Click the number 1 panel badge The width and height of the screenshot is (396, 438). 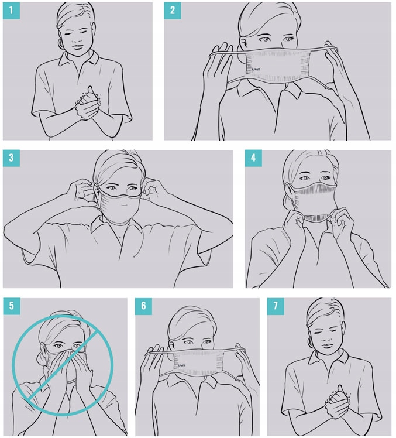11,11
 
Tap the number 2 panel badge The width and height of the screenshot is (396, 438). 173,11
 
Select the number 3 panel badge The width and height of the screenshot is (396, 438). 11,158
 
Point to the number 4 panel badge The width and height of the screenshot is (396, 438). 253,158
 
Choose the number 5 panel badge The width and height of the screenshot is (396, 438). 12,306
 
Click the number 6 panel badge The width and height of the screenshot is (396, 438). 143,306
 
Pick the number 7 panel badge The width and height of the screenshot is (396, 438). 276,306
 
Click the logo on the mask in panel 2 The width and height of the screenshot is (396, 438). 256,69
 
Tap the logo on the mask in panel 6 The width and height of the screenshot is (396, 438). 181,365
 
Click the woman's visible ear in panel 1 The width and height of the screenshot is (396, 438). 60,43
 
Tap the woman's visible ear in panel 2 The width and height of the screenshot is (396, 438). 243,44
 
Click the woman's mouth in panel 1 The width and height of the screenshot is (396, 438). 78,46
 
